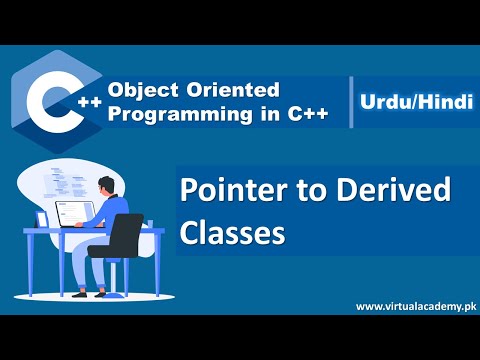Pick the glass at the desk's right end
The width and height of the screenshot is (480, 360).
point(158,221)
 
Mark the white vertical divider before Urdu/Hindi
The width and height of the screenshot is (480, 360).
point(351,101)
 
